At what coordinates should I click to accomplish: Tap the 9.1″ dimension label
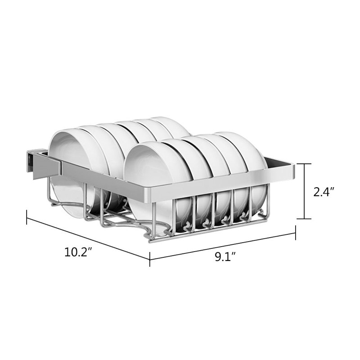click(225, 256)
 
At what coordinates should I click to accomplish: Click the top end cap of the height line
click(304, 164)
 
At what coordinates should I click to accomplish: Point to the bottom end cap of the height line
click(304, 219)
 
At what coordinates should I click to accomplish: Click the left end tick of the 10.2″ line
click(27, 217)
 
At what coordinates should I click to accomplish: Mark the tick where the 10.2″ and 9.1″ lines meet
click(150, 260)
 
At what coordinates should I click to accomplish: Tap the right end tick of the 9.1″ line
click(295, 233)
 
